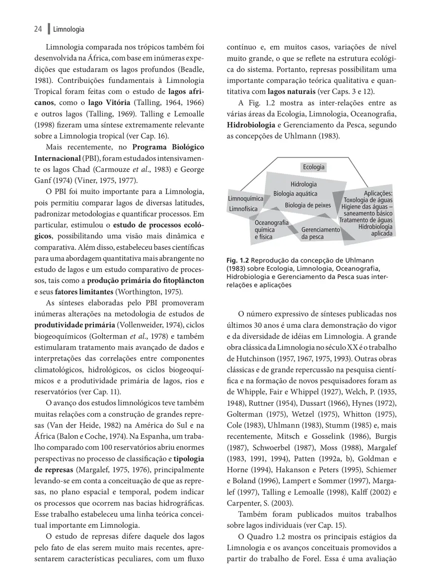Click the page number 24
[38, 29]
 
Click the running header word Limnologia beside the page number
[69, 29]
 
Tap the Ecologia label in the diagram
[314, 167]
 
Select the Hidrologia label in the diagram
[303, 184]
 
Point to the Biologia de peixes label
[308, 205]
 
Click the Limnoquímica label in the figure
[245, 199]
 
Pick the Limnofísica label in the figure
[242, 209]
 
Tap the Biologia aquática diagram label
[295, 194]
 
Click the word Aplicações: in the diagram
[378, 193]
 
